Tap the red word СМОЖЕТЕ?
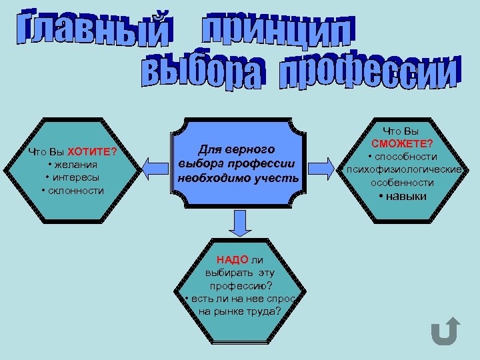click(x=402, y=144)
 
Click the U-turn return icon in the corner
click(x=444, y=331)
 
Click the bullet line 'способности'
click(x=402, y=157)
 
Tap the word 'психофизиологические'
click(x=402, y=169)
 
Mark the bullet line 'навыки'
click(x=402, y=196)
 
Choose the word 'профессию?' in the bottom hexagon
click(x=239, y=286)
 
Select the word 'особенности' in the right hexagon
click(x=402, y=182)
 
